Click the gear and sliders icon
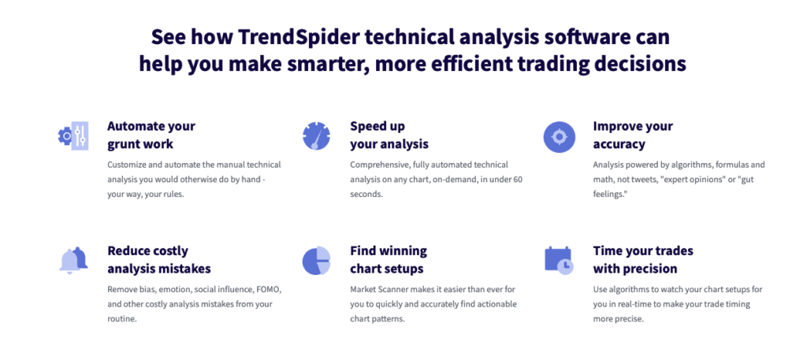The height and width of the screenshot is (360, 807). [73, 135]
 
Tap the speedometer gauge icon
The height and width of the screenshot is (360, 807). [316, 135]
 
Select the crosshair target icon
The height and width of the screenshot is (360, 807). [559, 136]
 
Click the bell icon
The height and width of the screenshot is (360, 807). [73, 260]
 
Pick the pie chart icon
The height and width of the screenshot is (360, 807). [316, 261]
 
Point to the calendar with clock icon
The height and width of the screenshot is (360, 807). [559, 260]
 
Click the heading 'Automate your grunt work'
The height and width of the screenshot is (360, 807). [151, 135]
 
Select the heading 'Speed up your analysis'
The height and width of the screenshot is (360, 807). [389, 135]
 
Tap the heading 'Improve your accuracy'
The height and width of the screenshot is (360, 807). [632, 135]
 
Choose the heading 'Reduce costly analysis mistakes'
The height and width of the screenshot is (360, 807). [158, 259]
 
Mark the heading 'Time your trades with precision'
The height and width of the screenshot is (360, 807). [642, 259]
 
